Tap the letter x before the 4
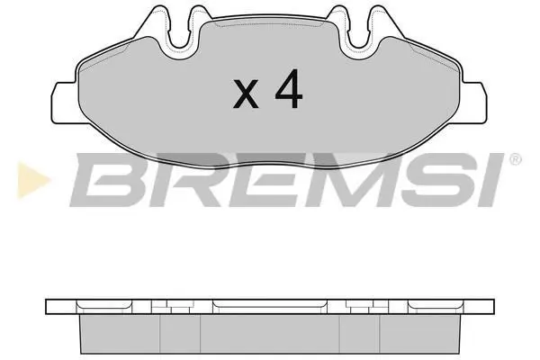click(x=246, y=94)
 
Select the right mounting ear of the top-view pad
click(x=474, y=103)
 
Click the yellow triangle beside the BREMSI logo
click(x=32, y=180)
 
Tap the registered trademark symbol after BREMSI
click(x=515, y=159)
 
